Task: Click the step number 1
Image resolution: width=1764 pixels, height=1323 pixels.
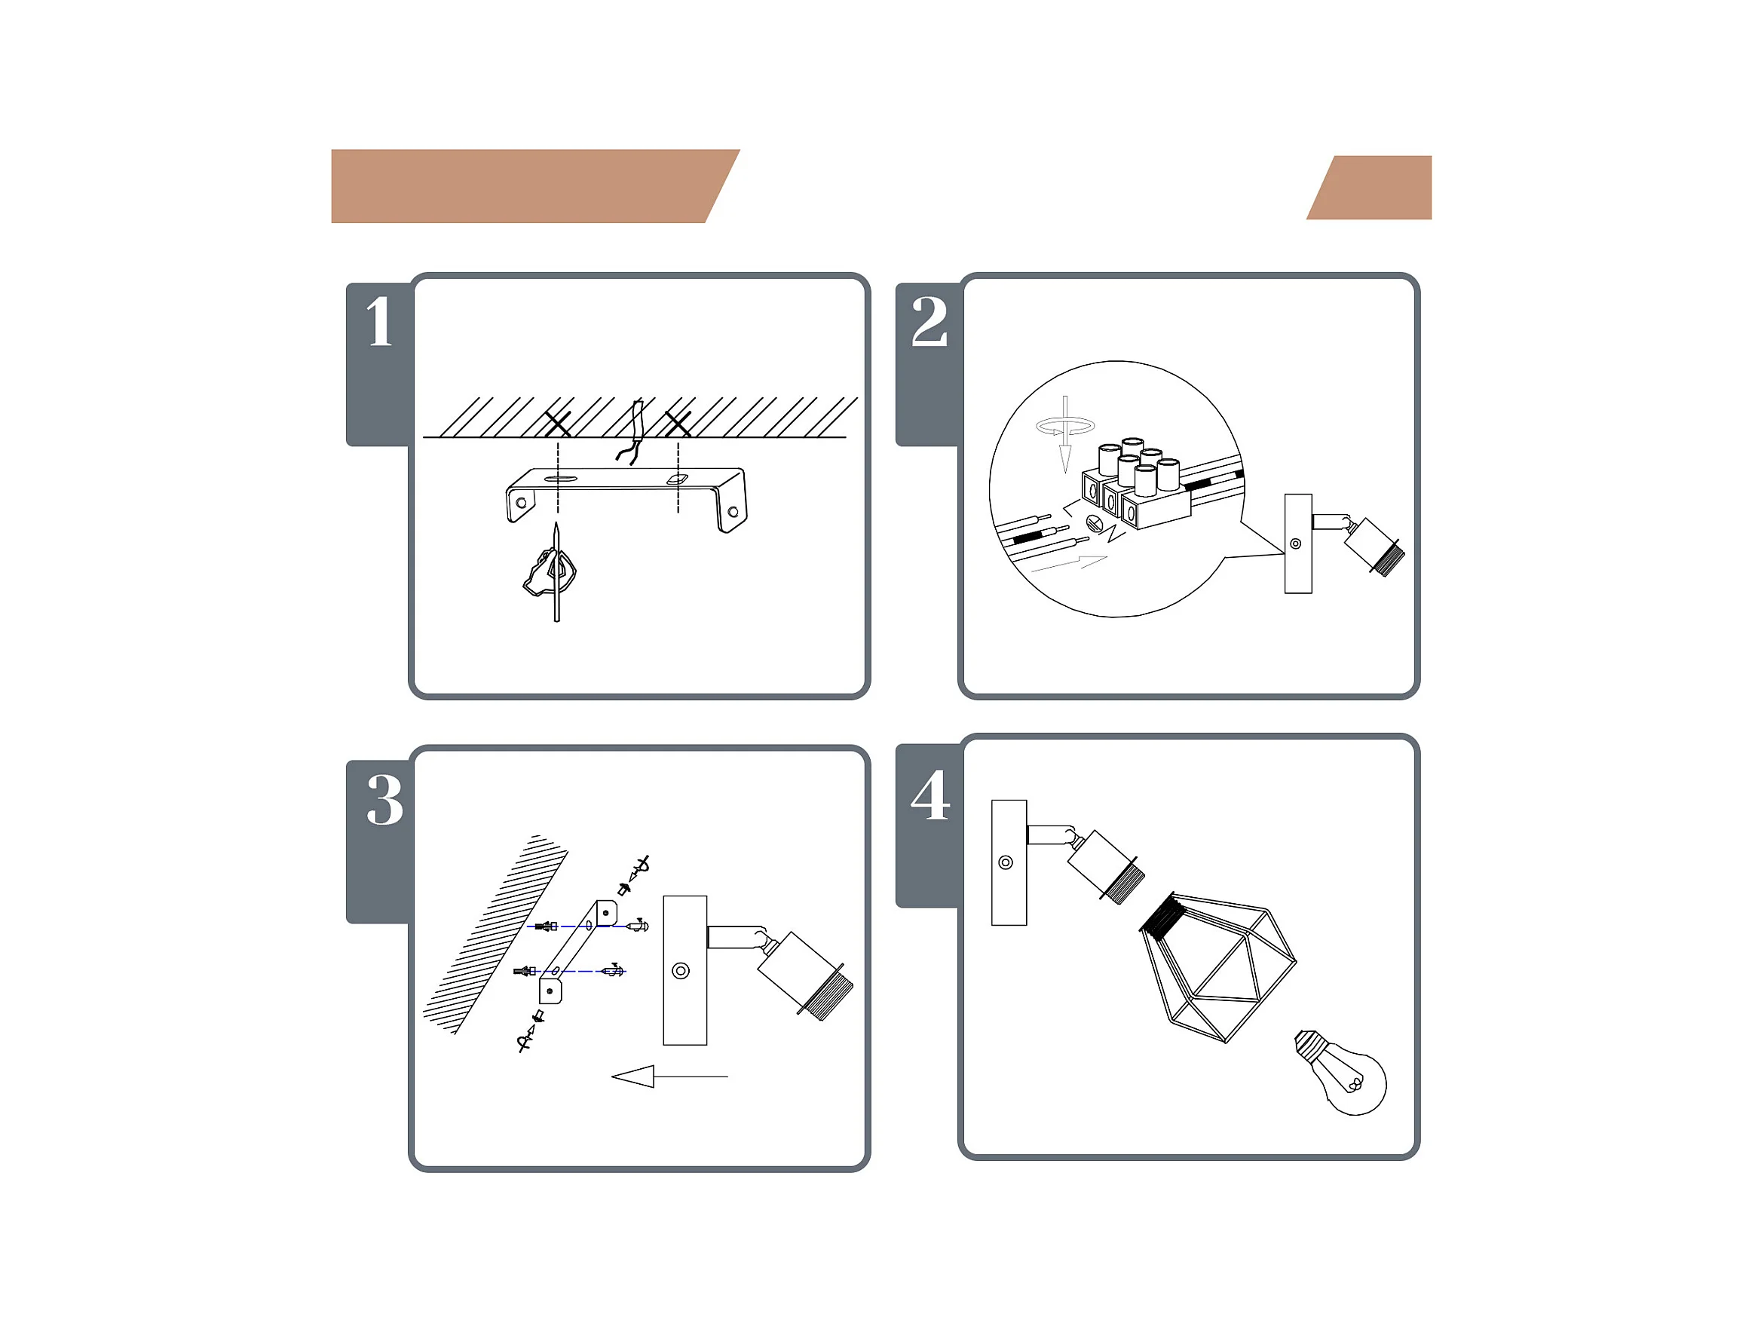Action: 380,321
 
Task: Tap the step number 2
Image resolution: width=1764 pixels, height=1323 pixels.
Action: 929,321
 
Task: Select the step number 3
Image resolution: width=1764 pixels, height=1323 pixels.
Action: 385,800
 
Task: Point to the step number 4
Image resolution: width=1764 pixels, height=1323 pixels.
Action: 931,795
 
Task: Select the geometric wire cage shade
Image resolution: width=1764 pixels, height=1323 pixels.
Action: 1215,966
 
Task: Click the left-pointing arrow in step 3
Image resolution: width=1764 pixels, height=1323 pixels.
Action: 669,1076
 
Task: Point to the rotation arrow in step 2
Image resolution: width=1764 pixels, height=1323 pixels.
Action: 1065,427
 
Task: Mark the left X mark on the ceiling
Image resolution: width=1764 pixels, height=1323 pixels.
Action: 557,424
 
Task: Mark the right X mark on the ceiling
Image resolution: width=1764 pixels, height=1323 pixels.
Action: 678,424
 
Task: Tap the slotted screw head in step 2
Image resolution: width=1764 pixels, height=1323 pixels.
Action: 1094,523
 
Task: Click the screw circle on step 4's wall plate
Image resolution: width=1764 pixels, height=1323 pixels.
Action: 1006,862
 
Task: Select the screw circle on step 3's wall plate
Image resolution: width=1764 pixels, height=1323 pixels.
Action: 680,970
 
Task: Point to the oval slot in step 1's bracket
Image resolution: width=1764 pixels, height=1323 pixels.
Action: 561,479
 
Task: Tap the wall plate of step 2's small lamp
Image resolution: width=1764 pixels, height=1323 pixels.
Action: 1298,544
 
